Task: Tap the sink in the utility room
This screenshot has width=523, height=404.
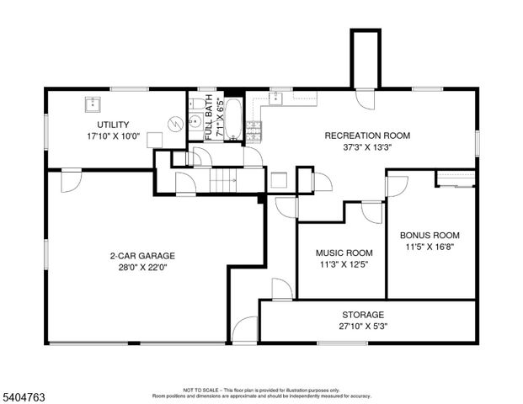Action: click(92, 104)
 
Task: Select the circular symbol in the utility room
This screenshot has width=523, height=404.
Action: click(173, 123)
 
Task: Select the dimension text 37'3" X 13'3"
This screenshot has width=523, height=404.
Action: click(367, 146)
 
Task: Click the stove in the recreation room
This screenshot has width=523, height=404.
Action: click(253, 130)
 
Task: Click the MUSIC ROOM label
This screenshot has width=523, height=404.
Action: click(344, 253)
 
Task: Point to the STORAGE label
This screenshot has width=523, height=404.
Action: click(364, 315)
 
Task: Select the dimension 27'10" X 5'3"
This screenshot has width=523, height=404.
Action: click(364, 327)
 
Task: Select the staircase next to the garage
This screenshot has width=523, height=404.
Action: click(222, 179)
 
